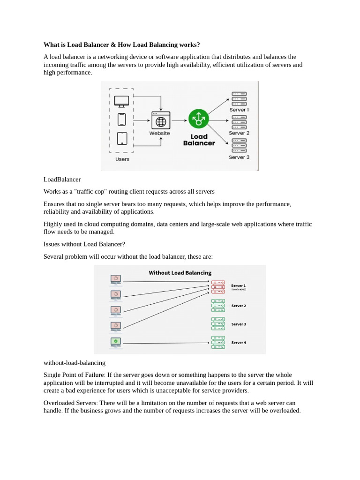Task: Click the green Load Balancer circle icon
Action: point(199,119)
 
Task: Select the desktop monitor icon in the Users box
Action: point(121,101)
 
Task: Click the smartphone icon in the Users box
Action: point(121,119)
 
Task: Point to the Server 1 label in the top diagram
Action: point(239,110)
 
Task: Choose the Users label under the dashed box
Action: point(122,159)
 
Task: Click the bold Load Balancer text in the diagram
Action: point(199,140)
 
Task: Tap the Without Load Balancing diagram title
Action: point(180,273)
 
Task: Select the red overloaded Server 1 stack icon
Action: point(218,287)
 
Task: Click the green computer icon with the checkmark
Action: point(115,342)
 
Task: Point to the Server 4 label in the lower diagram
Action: point(238,343)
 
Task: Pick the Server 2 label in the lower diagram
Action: point(238,306)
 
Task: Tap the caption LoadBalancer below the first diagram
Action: point(62,180)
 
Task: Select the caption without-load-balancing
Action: point(74,363)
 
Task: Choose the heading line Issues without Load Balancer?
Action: point(84,244)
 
